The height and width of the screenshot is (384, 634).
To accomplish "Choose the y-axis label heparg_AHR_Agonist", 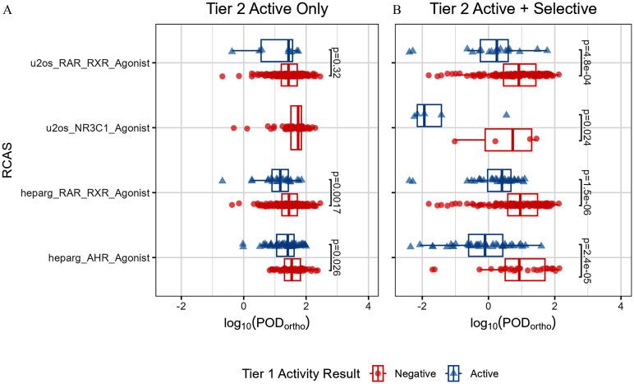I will point(101,257).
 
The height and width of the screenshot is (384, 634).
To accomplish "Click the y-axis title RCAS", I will point(11,160).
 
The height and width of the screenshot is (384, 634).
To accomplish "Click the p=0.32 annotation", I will point(336,62).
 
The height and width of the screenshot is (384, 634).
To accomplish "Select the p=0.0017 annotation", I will point(336,192).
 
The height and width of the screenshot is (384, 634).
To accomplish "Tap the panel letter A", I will point(7,11).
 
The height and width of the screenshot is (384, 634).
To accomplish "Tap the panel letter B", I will point(397,11).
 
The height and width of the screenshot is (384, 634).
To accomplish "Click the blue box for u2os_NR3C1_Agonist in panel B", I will point(430,116).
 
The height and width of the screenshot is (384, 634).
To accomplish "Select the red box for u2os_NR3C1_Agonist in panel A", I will point(296,127).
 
